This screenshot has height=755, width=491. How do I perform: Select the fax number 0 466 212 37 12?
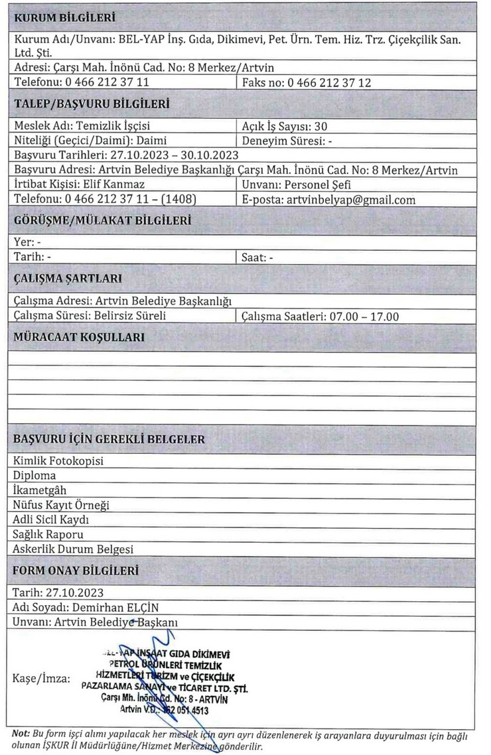[x=329, y=83]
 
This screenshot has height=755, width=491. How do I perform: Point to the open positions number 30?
[x=320, y=126]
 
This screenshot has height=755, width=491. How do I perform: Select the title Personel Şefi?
[x=321, y=184]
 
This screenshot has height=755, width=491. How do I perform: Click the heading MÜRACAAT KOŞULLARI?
[x=79, y=337]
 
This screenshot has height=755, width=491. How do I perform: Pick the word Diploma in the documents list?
[x=35, y=476]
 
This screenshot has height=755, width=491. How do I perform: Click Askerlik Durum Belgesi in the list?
[x=73, y=549]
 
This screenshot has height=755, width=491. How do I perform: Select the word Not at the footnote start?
[x=21, y=734]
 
